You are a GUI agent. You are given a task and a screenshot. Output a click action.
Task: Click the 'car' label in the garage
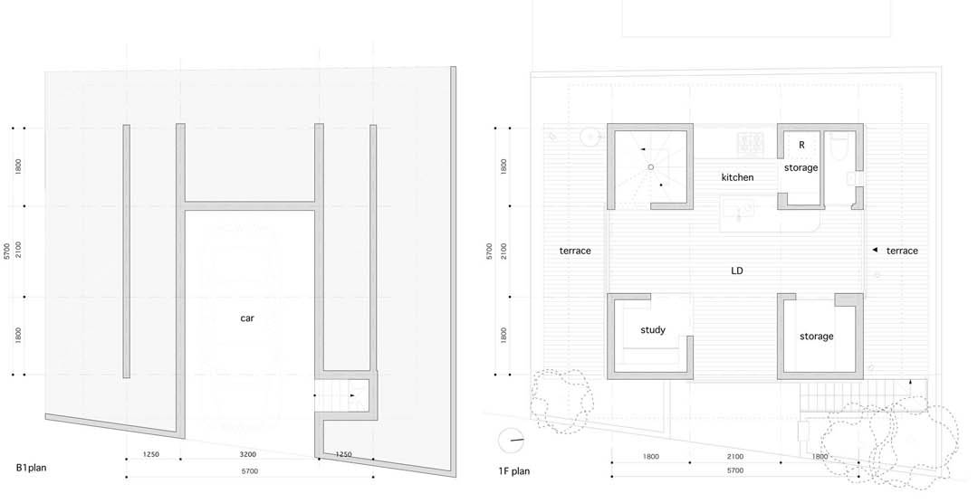247,318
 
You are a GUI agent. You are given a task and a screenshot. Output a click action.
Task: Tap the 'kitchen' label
737,177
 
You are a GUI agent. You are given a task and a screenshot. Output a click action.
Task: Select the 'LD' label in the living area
736,271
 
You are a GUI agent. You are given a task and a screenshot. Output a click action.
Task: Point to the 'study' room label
652,330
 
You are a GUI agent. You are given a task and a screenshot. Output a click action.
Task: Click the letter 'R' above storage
801,145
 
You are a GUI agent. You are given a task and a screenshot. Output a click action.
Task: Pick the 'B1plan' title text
31,468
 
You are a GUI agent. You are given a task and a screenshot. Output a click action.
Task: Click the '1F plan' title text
514,471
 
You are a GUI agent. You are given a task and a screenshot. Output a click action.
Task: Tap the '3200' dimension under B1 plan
248,454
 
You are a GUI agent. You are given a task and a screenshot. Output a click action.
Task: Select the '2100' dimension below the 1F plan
734,457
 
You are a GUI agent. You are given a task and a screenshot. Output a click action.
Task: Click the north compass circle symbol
512,441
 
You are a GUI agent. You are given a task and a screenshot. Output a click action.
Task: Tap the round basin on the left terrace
590,136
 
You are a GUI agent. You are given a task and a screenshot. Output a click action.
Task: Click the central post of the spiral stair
650,167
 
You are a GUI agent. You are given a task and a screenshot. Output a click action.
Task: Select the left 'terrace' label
574,251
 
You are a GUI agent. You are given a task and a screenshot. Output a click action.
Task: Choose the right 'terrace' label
902,251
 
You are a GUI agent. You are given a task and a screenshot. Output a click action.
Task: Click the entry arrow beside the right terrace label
875,250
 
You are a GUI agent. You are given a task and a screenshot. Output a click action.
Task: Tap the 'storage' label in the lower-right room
817,337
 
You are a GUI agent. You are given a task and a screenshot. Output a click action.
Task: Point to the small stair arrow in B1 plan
352,395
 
